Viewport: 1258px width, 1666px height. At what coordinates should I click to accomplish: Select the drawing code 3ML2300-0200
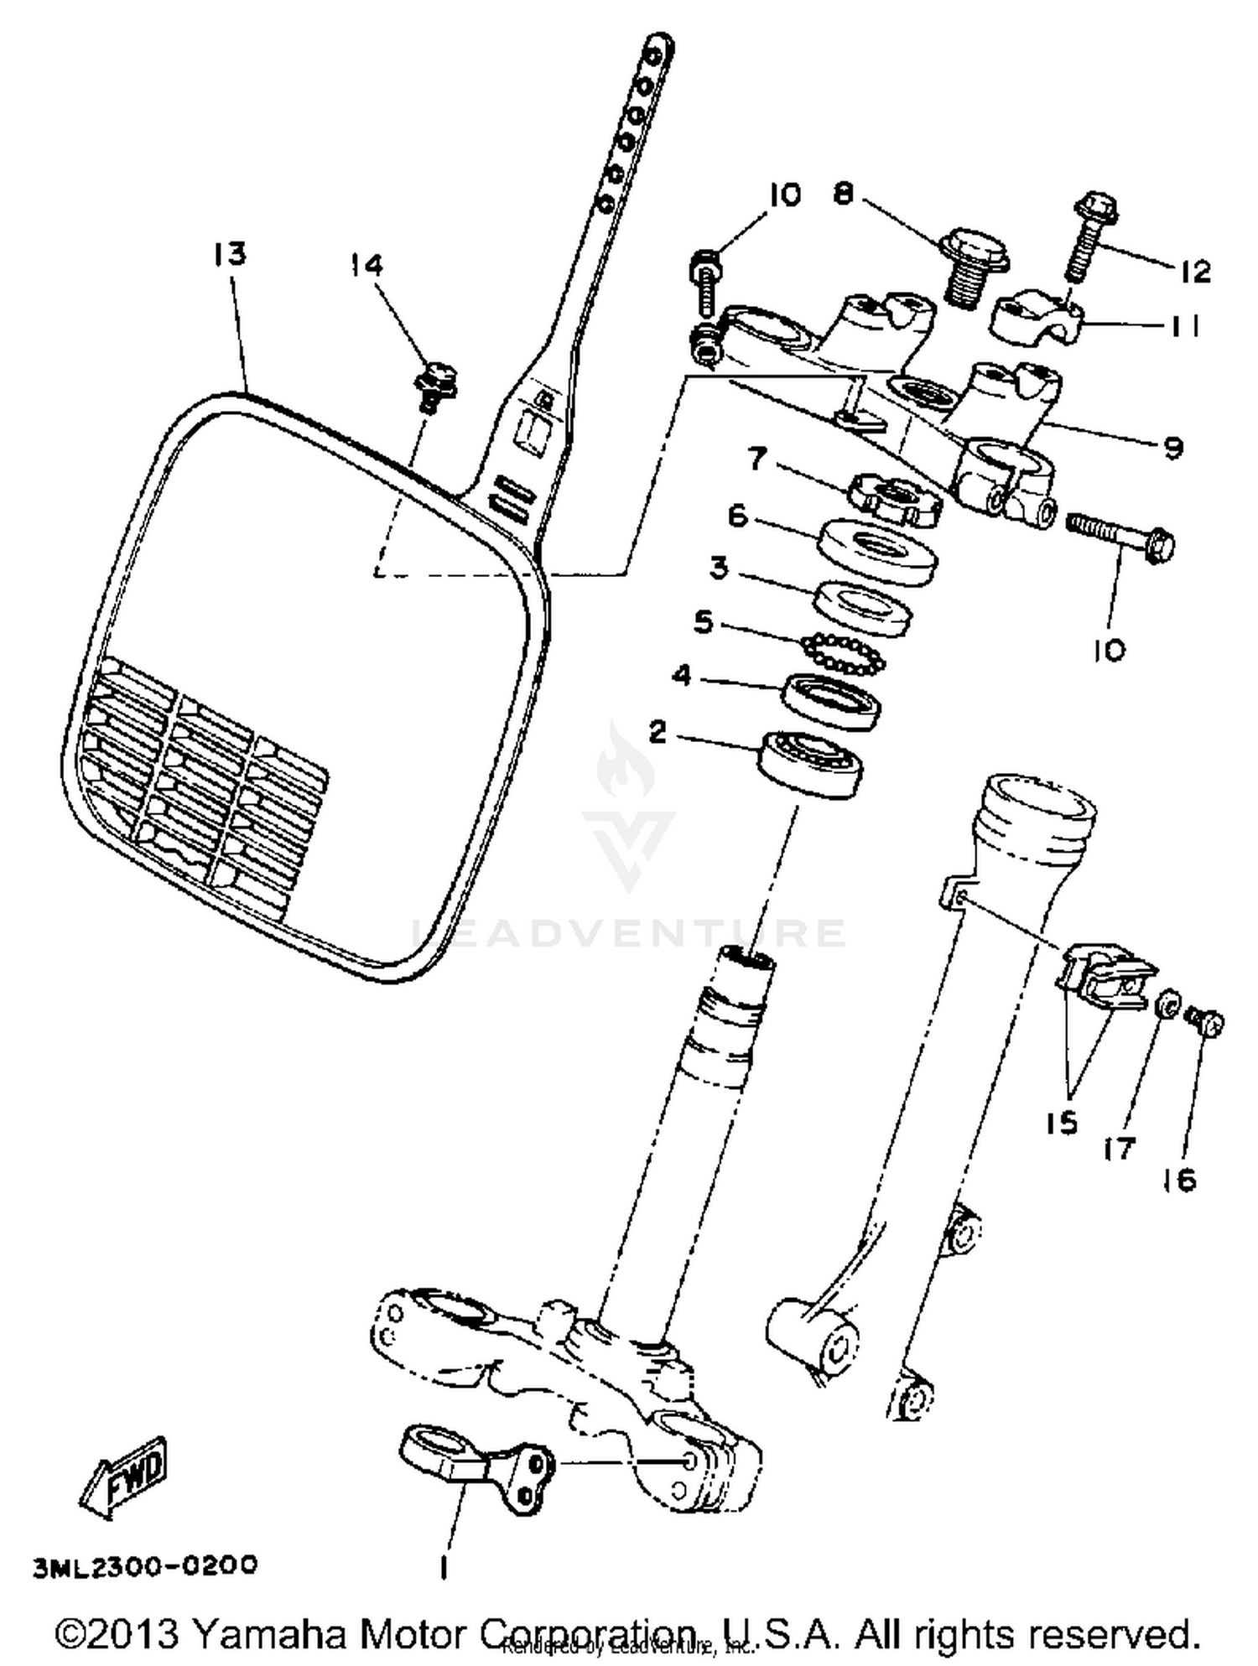point(145,1565)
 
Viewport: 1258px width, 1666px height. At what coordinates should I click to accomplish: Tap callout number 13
point(228,253)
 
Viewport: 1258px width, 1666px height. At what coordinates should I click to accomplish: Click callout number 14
point(366,265)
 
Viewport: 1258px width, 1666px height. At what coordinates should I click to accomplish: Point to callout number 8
point(843,194)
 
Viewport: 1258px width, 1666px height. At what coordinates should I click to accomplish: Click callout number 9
point(1173,448)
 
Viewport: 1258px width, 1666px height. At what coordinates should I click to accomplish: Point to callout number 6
point(737,516)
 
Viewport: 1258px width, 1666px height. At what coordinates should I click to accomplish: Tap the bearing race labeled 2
point(810,763)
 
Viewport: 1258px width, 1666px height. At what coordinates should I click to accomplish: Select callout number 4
point(682,676)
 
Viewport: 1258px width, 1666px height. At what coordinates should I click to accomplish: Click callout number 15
point(1062,1123)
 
